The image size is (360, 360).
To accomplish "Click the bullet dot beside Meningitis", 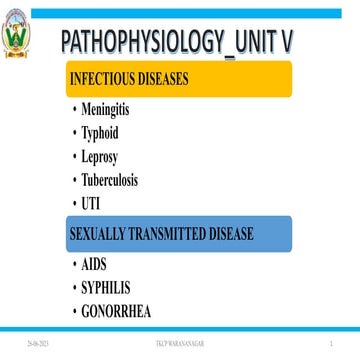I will [x=76, y=109].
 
